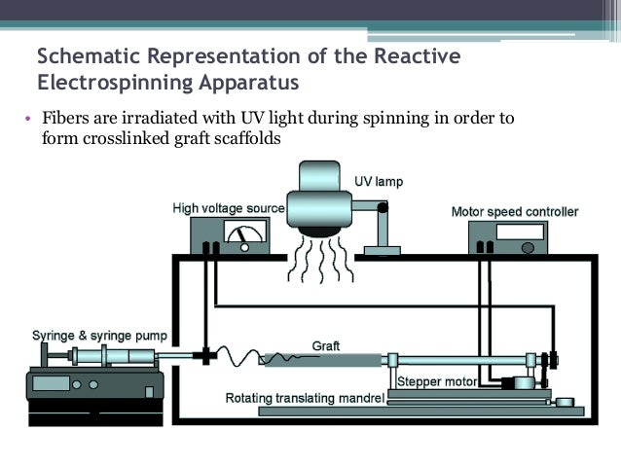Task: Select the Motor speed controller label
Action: (x=515, y=211)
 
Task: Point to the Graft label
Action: (x=325, y=345)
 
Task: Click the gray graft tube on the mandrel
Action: (x=322, y=360)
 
